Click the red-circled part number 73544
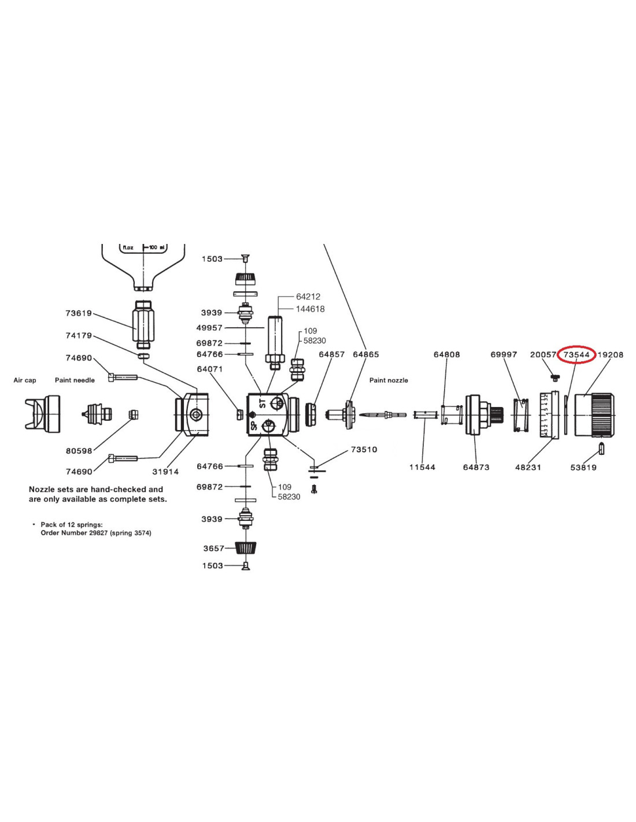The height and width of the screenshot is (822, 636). [576, 354]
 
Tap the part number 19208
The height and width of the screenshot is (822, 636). [611, 354]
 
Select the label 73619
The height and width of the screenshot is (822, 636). [79, 313]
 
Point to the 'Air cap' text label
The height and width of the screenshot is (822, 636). [25, 380]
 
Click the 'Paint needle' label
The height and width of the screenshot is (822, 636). [75, 380]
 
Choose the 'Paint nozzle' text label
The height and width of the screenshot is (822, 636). [389, 380]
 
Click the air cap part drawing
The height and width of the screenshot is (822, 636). [42, 412]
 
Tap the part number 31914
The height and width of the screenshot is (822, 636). [165, 472]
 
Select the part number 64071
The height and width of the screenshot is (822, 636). [209, 369]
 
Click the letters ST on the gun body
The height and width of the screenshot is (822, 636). [263, 403]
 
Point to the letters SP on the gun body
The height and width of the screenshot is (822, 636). [253, 425]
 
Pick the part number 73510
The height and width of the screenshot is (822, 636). [364, 449]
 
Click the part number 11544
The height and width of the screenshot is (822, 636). [422, 467]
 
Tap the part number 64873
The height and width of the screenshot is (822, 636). [476, 467]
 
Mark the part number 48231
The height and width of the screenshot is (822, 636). [528, 467]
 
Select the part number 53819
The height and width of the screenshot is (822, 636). [583, 467]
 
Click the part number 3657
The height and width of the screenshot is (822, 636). [213, 548]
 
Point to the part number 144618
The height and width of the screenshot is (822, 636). [310, 309]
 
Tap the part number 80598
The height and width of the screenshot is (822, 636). [79, 451]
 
